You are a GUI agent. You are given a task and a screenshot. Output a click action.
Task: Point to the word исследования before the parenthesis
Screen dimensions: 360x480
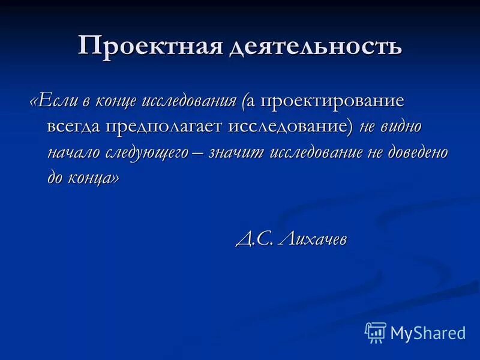tap(191, 101)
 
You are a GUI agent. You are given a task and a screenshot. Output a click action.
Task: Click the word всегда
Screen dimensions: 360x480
tap(74, 127)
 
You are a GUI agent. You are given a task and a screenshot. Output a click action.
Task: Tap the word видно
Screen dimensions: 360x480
tap(404, 127)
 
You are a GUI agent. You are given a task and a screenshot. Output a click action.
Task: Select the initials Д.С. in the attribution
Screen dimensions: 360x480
tap(254, 239)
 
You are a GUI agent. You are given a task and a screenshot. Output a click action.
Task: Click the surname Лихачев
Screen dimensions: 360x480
tap(313, 239)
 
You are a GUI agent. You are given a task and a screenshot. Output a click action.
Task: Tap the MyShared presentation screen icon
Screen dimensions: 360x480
tap(376, 332)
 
